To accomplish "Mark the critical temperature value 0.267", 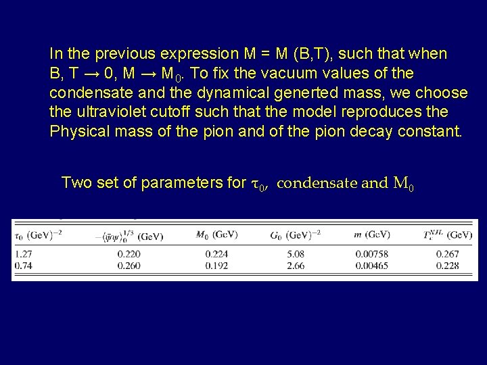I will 449,254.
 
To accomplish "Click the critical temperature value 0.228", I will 449,266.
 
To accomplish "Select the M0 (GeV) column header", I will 216,235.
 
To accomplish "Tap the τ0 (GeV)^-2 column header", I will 39,235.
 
